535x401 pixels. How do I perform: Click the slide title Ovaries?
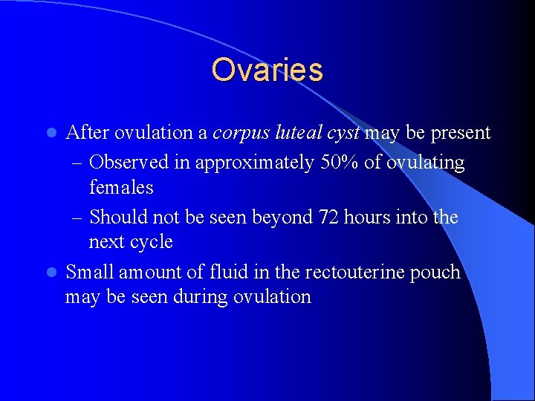pyautogui.click(x=267, y=71)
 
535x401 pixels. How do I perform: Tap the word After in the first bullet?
pyautogui.click(x=87, y=133)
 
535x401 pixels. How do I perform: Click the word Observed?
pyautogui.click(x=124, y=163)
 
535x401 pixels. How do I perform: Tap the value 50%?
pyautogui.click(x=339, y=163)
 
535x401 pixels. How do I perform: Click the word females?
pyautogui.click(x=121, y=188)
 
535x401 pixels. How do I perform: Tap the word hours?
pyautogui.click(x=369, y=217)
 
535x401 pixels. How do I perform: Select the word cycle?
pyautogui.click(x=152, y=242)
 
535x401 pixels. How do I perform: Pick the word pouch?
pyautogui.click(x=435, y=273)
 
